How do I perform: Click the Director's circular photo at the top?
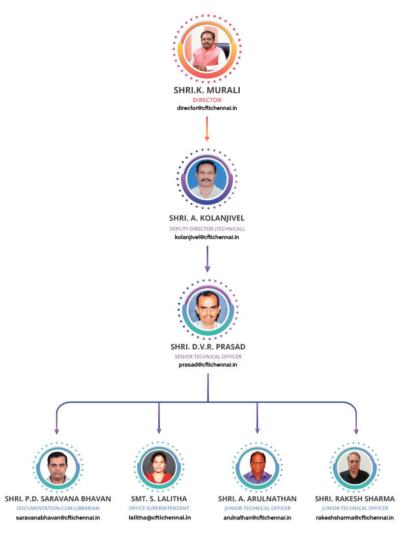(207, 49)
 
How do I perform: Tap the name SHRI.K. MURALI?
(207, 90)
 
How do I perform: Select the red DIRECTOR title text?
(207, 100)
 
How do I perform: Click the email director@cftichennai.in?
(207, 108)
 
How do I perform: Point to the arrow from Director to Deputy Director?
(207, 129)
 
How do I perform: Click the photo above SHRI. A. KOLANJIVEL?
(207, 179)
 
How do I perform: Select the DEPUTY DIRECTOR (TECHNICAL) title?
(207, 229)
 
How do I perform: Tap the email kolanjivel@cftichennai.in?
(207, 237)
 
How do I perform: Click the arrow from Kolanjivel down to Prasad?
(207, 259)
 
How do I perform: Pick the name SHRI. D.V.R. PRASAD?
(208, 347)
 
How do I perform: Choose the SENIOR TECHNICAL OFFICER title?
(208, 357)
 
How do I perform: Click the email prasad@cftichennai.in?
(208, 365)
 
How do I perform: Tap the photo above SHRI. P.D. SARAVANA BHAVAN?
(57, 467)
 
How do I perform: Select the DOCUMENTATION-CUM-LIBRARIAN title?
(58, 509)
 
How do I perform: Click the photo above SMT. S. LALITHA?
(159, 466)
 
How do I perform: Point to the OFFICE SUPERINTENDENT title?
(159, 509)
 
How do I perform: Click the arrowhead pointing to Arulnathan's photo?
(257, 431)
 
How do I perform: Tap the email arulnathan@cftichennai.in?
(257, 518)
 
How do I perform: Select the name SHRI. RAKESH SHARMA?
(355, 499)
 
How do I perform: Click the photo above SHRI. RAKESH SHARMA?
(355, 467)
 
